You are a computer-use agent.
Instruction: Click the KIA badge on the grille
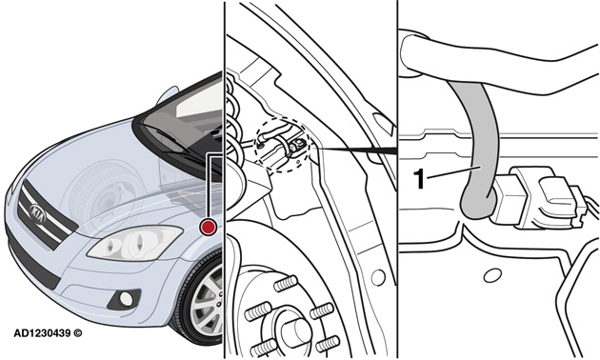pyautogui.click(x=38, y=213)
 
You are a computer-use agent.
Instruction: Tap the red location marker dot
pyautogui.click(x=209, y=227)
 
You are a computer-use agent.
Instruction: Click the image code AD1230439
pyautogui.click(x=43, y=333)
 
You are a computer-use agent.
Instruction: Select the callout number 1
pyautogui.click(x=419, y=179)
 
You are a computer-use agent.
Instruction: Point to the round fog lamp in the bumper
pyautogui.click(x=126, y=298)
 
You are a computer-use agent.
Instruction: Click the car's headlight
pyautogui.click(x=134, y=243)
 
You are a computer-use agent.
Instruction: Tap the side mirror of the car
pyautogui.click(x=168, y=95)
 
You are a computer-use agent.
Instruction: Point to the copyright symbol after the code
pyautogui.click(x=78, y=333)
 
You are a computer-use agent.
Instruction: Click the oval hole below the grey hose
pyautogui.click(x=493, y=275)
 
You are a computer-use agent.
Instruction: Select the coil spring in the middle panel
pyautogui.click(x=233, y=127)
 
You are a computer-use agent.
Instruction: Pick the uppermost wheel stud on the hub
pyautogui.click(x=286, y=284)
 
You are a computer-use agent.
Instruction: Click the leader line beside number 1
pyautogui.click(x=454, y=171)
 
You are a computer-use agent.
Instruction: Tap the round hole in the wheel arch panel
pyautogui.click(x=378, y=277)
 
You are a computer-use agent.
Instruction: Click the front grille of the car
pyautogui.click(x=43, y=215)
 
